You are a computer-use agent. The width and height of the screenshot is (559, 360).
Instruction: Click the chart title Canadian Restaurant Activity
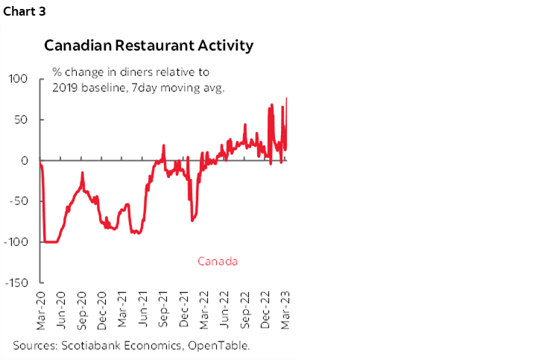[x=149, y=45]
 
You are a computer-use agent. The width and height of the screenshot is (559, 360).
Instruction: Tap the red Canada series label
[x=218, y=262]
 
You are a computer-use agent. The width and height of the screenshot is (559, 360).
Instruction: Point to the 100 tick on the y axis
[x=17, y=78]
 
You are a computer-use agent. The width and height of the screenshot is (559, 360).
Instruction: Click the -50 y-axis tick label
[x=19, y=201]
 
